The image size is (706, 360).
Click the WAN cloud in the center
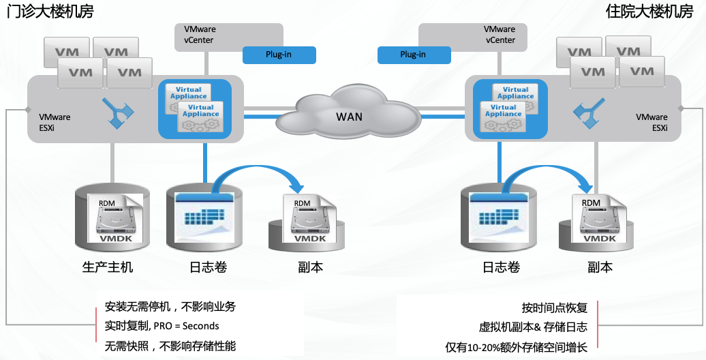point(348,115)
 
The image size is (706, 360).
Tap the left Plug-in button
point(279,55)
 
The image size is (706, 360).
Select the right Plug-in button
point(413,55)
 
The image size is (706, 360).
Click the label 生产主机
point(108,267)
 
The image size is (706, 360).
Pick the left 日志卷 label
point(207,267)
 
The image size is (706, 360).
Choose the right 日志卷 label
point(501,267)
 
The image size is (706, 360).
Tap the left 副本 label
point(310,267)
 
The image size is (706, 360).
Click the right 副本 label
point(600,267)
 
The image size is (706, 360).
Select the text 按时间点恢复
point(554,307)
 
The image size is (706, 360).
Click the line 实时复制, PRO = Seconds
point(162,326)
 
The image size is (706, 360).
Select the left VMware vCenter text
point(199,35)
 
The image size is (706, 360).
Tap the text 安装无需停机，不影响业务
point(170,307)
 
